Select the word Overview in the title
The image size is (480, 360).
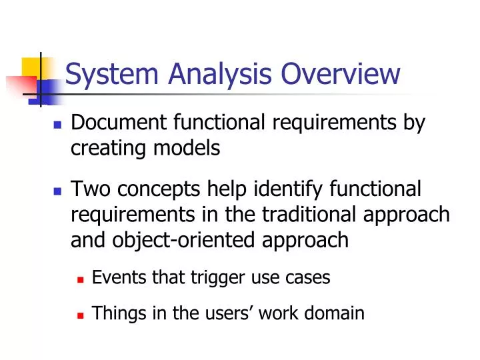pos(340,74)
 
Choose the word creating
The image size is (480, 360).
pos(104,148)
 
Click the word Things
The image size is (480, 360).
pos(112,313)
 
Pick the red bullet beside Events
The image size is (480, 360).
pos(81,279)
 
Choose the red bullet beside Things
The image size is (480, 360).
pos(81,314)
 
